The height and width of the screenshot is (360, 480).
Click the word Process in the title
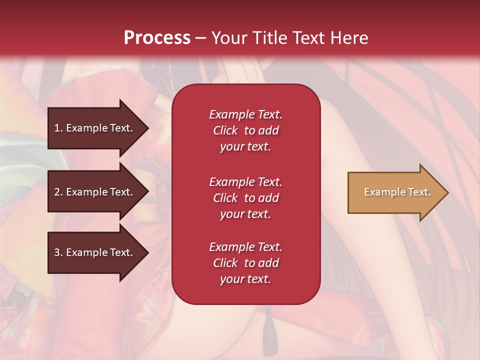click(157, 38)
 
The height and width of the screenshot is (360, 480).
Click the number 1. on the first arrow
click(58, 128)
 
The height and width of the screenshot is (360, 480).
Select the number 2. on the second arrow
click(58, 192)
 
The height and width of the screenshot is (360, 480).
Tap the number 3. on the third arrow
click(58, 252)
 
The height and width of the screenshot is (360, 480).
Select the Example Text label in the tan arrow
click(397, 192)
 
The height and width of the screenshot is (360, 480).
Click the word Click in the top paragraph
click(225, 130)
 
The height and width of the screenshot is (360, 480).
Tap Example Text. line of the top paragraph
click(245, 114)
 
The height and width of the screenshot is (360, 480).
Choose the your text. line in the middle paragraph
click(245, 214)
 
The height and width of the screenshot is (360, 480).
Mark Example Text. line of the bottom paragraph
click(245, 247)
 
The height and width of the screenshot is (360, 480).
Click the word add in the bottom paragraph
click(268, 263)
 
